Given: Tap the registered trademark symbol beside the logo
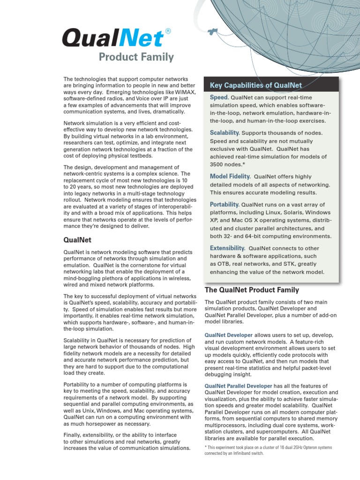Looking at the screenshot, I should (168, 31).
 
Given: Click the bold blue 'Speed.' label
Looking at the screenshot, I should (219, 97).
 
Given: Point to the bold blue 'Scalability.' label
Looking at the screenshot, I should (225, 133).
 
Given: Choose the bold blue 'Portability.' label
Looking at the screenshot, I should (225, 204).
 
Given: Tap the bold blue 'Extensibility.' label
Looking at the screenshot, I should (227, 248).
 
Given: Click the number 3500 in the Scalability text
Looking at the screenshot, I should (218, 165).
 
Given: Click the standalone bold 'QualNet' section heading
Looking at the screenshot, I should (77, 240).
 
